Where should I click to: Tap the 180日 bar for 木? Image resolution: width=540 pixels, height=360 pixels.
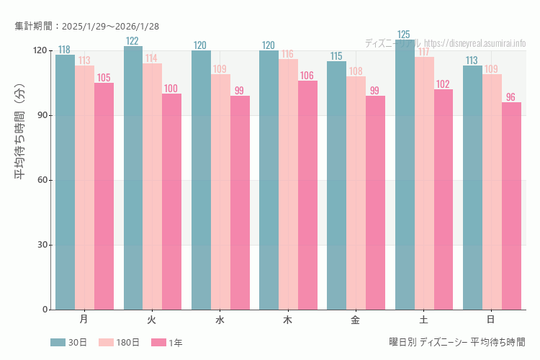tap(288, 184)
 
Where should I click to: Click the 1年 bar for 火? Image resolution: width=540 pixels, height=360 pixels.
tap(171, 202)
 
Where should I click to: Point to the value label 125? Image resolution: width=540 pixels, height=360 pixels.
tap(404, 35)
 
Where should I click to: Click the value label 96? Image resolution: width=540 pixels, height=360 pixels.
tap(511, 97)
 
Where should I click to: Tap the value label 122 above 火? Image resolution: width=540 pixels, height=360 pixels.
tap(132, 41)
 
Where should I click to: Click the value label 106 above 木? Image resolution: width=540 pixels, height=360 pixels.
tap(307, 76)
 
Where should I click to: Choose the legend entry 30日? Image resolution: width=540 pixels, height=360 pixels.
tap(68, 343)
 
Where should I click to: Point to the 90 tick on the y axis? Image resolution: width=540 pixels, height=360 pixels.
tap(42, 115)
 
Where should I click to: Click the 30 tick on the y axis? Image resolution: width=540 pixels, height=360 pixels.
tap(42, 245)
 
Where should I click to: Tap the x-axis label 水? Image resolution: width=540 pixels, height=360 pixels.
tap(220, 319)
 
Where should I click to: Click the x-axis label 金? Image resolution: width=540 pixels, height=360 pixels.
tap(356, 319)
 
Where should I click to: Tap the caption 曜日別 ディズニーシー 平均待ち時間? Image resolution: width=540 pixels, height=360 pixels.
tap(457, 343)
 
